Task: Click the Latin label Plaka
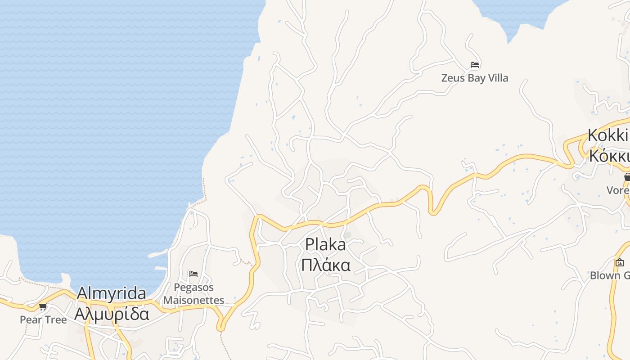pyautogui.click(x=325, y=245)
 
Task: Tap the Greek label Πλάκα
pyautogui.click(x=325, y=265)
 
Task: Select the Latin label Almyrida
pyautogui.click(x=111, y=293)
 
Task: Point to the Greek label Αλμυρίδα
pyautogui.click(x=111, y=314)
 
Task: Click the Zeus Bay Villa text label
pyautogui.click(x=474, y=78)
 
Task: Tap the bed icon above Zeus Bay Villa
pyautogui.click(x=474, y=65)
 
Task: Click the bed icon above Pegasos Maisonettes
pyautogui.click(x=193, y=274)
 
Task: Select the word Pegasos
pyautogui.click(x=193, y=287)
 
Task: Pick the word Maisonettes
pyautogui.click(x=193, y=300)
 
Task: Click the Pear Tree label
pyautogui.click(x=43, y=320)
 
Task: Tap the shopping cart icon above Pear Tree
pyautogui.click(x=43, y=307)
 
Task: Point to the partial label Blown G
pyautogui.click(x=610, y=275)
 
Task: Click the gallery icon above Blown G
pyautogui.click(x=620, y=262)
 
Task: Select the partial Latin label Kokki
pyautogui.click(x=607, y=135)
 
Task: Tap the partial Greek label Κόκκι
pyautogui.click(x=608, y=156)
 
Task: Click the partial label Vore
pyautogui.click(x=618, y=190)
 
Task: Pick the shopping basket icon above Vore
pyautogui.click(x=627, y=177)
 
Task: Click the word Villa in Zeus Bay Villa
pyautogui.click(x=497, y=78)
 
